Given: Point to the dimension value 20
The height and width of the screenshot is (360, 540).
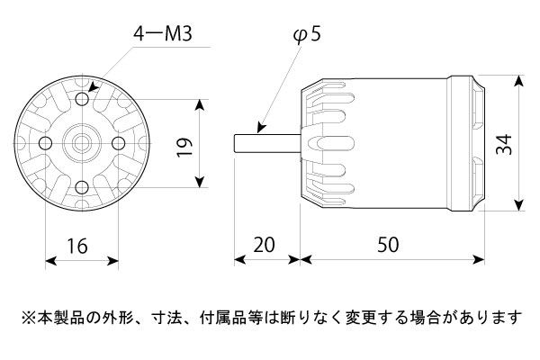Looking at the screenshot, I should point(266,245).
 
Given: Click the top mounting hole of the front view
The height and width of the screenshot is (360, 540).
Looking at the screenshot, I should point(83,98).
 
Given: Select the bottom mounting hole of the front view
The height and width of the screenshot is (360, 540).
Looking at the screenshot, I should point(83,186).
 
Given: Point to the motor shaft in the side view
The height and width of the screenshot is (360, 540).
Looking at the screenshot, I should point(265,142).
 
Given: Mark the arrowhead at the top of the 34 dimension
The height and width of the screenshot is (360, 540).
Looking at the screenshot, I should point(520,80).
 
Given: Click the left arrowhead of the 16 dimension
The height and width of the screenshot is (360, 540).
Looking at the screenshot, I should point(49,261).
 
